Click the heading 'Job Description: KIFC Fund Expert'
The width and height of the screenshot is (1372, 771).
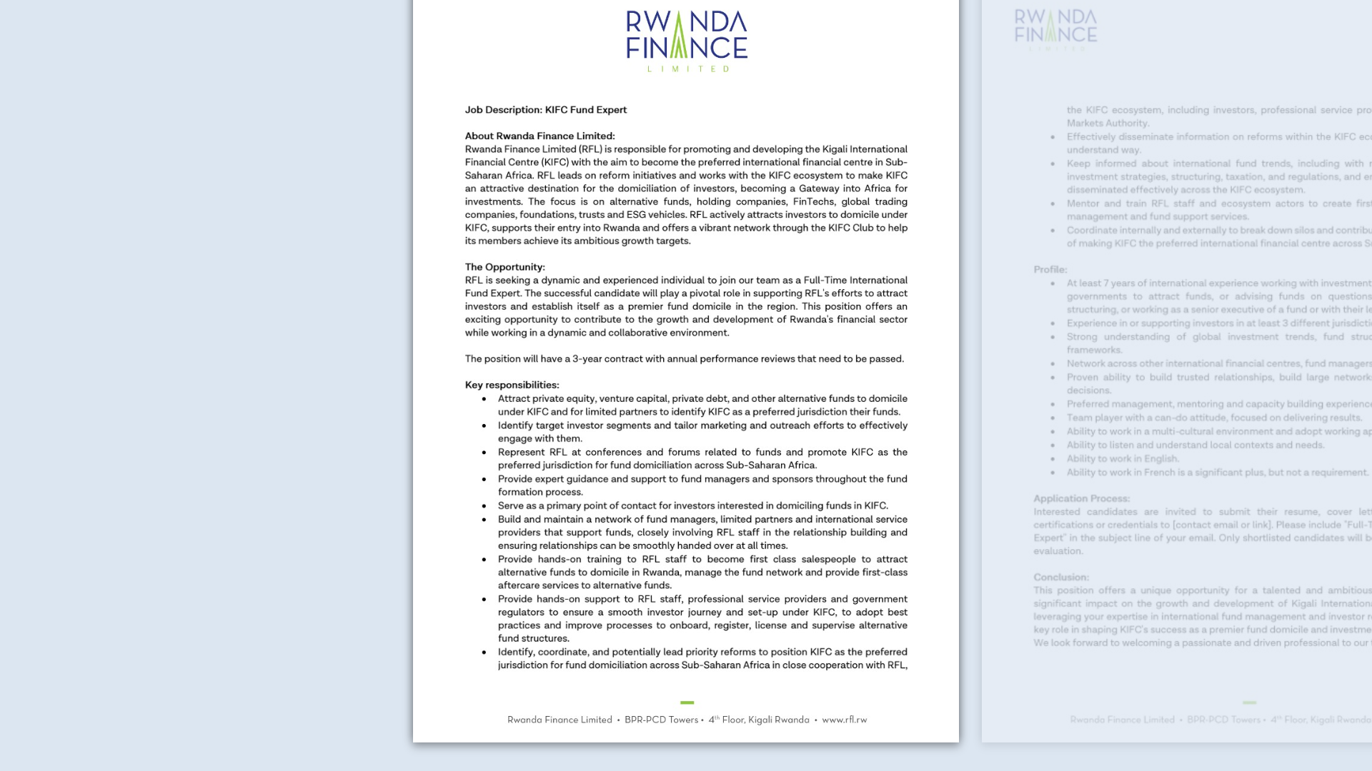point(545,110)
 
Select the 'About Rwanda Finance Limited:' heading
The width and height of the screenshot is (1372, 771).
point(540,136)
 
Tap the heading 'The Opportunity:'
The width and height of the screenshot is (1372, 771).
point(504,267)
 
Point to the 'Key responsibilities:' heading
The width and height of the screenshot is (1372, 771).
point(512,385)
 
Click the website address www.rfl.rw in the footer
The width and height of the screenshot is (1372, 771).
point(844,720)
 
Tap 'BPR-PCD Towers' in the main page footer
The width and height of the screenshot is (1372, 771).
point(661,720)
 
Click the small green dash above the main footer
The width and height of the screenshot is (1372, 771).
point(687,702)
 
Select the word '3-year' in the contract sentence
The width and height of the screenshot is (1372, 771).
point(587,359)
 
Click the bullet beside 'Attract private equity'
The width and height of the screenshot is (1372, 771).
point(484,399)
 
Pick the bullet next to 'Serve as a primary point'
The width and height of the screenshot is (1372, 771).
point(484,506)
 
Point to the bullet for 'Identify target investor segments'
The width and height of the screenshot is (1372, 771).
point(484,425)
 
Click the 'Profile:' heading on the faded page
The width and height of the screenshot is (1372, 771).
point(1050,270)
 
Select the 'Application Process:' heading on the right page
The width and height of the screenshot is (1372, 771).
point(1081,498)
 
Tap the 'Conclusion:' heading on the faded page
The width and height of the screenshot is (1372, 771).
point(1060,577)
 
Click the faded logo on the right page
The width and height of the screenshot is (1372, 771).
point(1055,29)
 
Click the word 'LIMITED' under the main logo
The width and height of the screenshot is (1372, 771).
point(687,69)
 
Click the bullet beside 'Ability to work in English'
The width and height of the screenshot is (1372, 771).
point(1053,459)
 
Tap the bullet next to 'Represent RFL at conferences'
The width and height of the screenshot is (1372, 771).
point(484,453)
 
